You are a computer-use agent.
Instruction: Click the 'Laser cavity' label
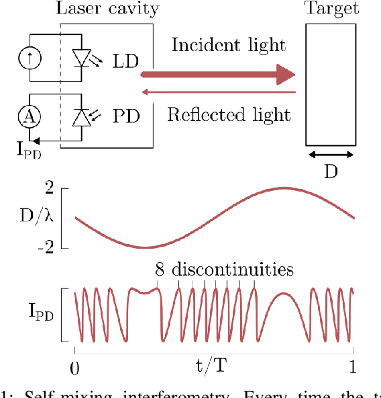107,9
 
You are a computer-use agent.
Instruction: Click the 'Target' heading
331,9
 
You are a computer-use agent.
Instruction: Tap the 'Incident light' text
228,46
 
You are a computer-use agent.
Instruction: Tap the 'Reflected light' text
229,114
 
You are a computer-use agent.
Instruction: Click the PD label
126,116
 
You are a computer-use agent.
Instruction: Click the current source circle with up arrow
29,60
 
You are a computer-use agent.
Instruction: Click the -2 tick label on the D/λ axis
44,247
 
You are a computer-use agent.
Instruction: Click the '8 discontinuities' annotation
224,270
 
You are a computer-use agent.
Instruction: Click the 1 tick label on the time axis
353,367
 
